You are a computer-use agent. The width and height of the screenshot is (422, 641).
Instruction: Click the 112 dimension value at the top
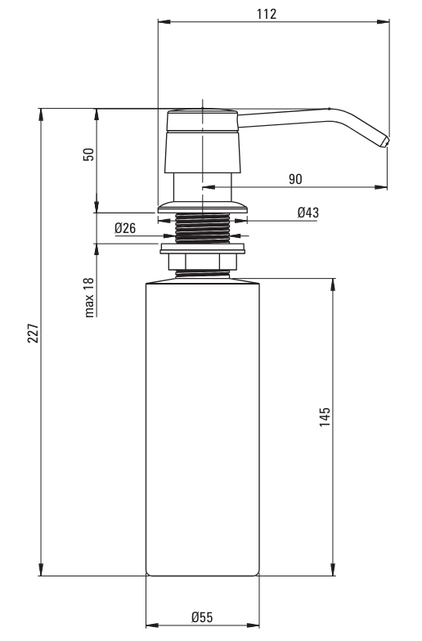point(267,14)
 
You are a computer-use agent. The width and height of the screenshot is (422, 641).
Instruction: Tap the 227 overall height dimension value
point(33,334)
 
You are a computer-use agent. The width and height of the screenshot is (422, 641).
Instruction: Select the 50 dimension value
point(88,154)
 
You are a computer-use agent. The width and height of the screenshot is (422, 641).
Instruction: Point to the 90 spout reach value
point(295,179)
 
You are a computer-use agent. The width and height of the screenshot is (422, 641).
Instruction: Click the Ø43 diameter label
point(308,213)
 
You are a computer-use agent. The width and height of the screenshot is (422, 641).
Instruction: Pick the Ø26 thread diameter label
point(125,228)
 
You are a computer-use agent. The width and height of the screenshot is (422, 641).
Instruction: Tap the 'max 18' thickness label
point(89,298)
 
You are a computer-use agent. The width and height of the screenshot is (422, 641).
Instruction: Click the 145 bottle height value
point(325,417)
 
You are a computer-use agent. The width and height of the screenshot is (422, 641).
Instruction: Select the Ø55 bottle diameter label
point(202,616)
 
